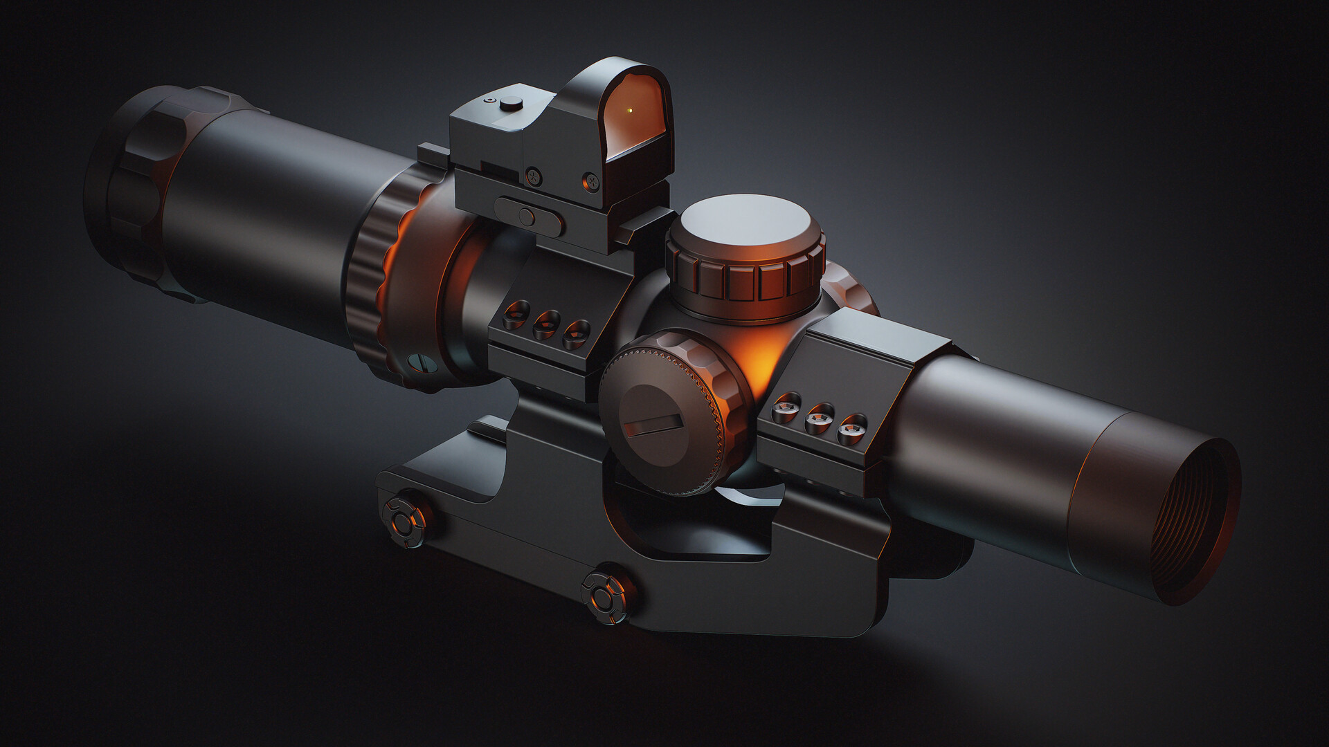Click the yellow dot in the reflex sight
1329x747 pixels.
tap(629, 110)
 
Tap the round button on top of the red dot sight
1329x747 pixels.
tap(511, 103)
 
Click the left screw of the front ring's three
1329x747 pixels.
tap(516, 315)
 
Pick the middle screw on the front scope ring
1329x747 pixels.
tap(546, 324)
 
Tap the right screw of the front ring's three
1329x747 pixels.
tap(576, 334)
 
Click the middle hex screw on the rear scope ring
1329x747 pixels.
tap(820, 420)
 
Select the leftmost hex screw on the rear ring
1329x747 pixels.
tap(786, 409)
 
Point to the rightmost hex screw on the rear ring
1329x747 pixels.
tap(851, 431)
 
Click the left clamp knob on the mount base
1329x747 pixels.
tap(406, 519)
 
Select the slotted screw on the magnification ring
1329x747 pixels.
tap(419, 363)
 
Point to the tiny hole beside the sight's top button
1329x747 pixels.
tap(490, 101)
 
